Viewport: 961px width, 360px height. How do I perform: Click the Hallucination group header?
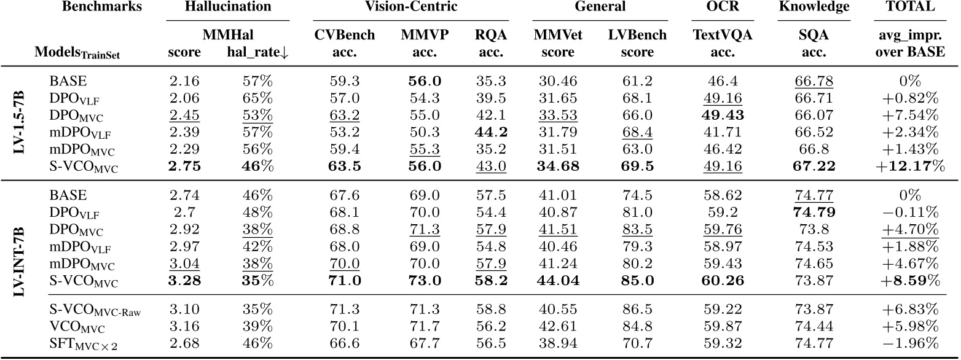pos(229,7)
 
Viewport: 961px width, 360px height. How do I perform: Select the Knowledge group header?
pos(814,7)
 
